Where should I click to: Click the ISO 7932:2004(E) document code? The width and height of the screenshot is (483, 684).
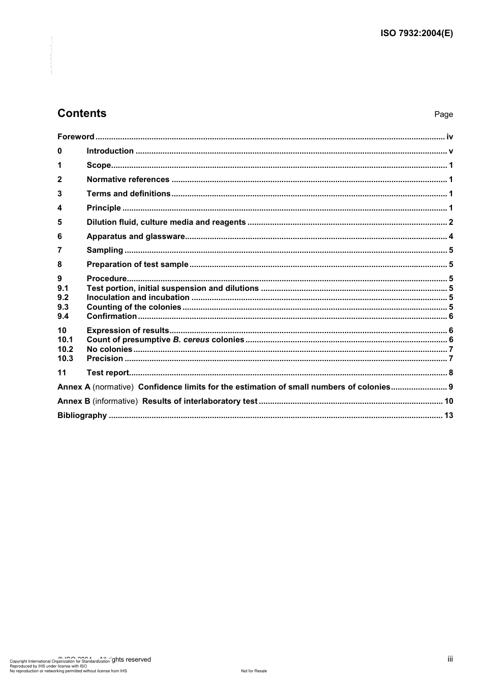click(416, 34)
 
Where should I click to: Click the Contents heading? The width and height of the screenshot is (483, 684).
click(82, 113)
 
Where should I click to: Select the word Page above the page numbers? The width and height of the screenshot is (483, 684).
click(443, 114)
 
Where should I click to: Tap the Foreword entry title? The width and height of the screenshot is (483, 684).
click(76, 137)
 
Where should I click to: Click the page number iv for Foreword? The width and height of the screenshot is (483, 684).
click(449, 137)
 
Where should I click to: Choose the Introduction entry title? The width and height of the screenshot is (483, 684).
click(110, 151)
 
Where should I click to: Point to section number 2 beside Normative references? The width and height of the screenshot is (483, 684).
click(59, 180)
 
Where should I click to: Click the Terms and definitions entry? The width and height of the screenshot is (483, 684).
click(128, 194)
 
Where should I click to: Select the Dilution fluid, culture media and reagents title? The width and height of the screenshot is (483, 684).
click(166, 222)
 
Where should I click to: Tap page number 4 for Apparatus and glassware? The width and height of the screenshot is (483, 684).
click(451, 236)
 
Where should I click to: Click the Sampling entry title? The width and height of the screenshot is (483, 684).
click(105, 250)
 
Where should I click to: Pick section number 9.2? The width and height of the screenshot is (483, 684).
click(63, 298)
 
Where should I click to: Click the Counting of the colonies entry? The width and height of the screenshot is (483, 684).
click(134, 307)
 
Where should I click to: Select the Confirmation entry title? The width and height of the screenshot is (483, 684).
click(111, 316)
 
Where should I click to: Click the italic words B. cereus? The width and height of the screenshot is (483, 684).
click(191, 340)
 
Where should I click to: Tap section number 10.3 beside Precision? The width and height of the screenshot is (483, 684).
click(65, 359)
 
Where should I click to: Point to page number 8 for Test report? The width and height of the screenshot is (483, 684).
click(451, 373)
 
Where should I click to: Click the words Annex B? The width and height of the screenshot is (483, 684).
click(70, 401)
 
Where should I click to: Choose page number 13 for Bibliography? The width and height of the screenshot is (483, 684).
click(448, 415)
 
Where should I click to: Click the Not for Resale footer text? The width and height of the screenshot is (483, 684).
click(254, 671)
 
